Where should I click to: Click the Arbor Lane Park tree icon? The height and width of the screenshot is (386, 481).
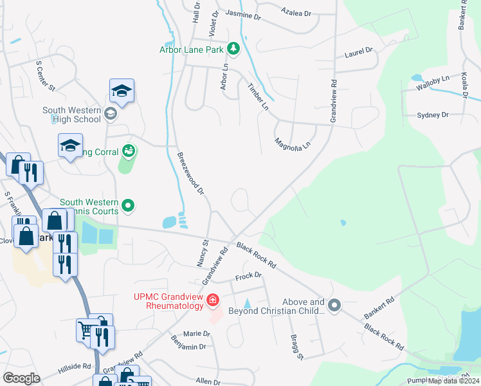point(233,48)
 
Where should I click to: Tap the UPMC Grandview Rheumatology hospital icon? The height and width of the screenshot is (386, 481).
point(212,300)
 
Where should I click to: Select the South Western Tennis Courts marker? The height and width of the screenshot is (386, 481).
point(129,206)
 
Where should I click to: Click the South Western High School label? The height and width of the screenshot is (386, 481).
point(72,115)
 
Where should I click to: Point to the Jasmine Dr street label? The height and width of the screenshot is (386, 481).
point(242,15)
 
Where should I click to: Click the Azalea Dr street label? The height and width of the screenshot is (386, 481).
point(296,12)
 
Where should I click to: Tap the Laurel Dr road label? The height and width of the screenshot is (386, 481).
point(359,51)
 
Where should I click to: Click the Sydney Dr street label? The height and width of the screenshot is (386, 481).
point(432,115)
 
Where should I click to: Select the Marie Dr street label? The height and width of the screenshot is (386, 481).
point(197,333)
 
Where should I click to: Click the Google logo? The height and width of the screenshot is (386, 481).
point(21,378)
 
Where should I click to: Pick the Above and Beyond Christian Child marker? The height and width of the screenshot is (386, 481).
point(334,306)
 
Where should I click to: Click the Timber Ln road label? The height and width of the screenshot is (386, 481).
point(259,96)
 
